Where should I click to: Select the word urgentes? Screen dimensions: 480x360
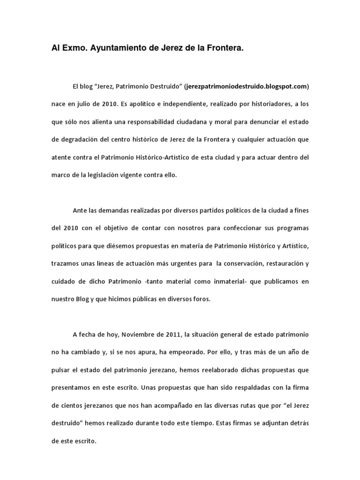pyautogui.click(x=179, y=264)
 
